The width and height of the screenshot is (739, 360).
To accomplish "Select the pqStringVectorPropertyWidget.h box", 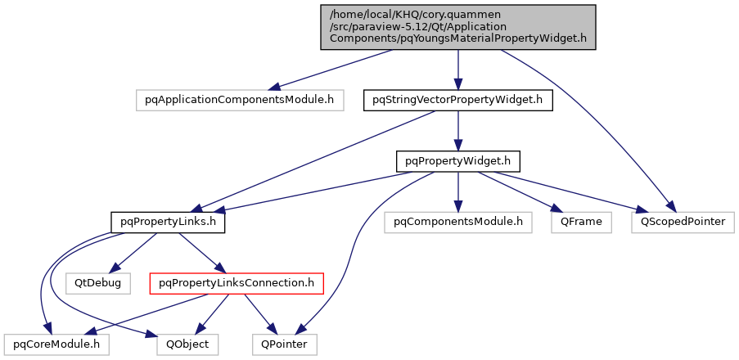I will tap(457, 100).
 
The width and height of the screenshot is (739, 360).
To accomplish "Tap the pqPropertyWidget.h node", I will tap(457, 160).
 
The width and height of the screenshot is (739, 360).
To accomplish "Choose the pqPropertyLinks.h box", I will tap(168, 221).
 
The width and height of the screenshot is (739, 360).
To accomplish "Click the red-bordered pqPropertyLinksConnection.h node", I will tap(237, 283).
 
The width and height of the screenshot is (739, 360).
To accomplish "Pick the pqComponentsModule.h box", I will tap(457, 221).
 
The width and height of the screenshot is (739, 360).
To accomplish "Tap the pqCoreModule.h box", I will tap(56, 344).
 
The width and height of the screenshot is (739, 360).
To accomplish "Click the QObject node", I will tap(188, 344).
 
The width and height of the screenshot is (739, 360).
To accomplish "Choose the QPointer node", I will tap(283, 344).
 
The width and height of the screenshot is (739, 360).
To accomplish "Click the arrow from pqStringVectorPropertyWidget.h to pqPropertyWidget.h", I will tap(457, 130).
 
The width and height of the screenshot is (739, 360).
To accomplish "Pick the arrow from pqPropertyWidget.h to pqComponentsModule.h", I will tap(457, 191).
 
